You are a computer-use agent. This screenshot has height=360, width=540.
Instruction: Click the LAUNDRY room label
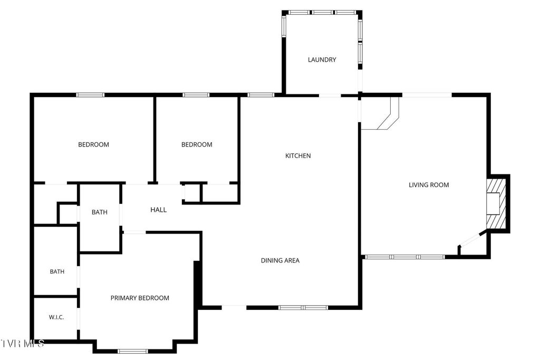[322, 60]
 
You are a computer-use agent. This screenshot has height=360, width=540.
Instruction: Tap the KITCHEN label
[298, 155]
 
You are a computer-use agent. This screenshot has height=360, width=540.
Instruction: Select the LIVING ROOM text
[429, 184]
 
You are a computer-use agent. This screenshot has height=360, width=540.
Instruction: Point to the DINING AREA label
[280, 260]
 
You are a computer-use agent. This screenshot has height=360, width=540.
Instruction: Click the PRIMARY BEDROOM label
[140, 298]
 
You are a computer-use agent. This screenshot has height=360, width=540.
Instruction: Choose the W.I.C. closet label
[56, 317]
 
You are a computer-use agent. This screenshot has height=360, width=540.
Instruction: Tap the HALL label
[158, 210]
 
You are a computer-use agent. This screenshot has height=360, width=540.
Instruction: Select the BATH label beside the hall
[99, 212]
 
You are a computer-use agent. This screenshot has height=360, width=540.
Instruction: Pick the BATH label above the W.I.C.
[57, 272]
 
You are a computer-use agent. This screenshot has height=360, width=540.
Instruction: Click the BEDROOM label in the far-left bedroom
[93, 144]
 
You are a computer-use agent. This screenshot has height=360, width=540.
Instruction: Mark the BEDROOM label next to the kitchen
[197, 144]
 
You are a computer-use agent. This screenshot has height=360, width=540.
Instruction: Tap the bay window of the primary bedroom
[133, 351]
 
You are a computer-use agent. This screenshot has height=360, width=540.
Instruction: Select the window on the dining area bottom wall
[303, 307]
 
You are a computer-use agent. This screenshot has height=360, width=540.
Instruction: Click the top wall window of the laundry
[322, 12]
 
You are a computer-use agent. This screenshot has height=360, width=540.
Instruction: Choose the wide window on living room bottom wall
[405, 257]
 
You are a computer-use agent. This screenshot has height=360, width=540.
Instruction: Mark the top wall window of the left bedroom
[90, 95]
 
